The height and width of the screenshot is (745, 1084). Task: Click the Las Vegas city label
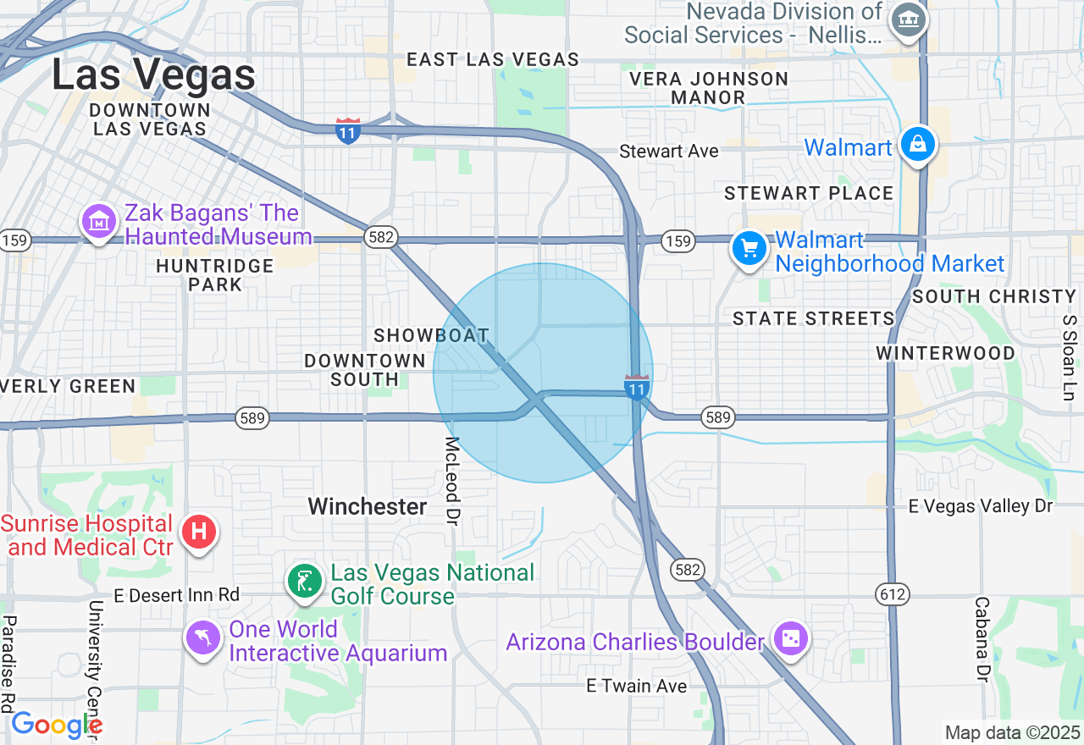(x=153, y=74)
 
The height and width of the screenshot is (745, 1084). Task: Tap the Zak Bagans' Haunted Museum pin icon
(x=99, y=222)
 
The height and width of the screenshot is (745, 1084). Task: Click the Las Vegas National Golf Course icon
(x=305, y=582)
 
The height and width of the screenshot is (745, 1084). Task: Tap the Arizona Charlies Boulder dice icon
(x=790, y=639)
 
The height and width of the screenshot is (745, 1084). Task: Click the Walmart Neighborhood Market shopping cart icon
(x=749, y=249)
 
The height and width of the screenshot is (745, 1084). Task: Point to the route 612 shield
(x=893, y=594)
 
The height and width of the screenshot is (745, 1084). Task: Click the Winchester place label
(x=367, y=506)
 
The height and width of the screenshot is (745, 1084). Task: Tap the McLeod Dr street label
(x=452, y=478)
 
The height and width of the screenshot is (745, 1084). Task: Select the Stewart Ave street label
(x=669, y=152)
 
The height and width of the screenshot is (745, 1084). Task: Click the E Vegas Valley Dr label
(x=980, y=506)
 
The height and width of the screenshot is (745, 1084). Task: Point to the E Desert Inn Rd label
(x=177, y=595)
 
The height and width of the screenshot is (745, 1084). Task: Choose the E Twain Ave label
(x=636, y=686)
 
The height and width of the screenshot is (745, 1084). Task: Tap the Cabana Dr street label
(x=982, y=639)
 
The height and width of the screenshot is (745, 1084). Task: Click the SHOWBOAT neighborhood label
(x=431, y=336)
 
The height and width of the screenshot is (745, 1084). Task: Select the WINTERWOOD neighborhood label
(x=945, y=353)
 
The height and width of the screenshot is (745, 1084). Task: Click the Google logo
(x=56, y=726)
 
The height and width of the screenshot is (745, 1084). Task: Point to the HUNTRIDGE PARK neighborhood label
(x=215, y=275)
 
